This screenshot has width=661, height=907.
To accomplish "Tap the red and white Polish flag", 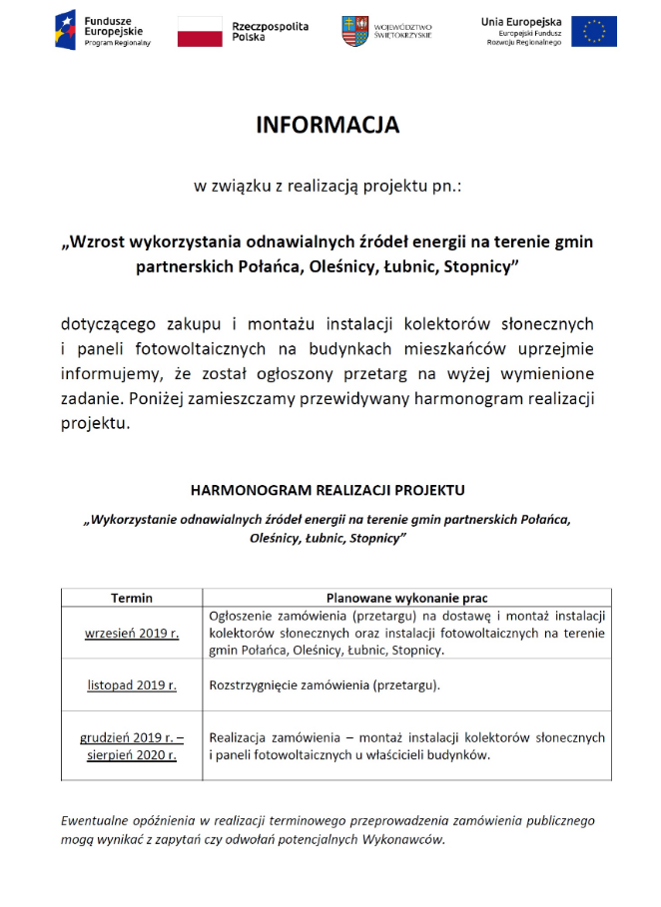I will tap(200, 31).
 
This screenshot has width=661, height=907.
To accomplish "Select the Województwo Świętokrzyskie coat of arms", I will tap(353, 30).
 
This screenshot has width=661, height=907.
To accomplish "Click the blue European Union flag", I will tap(593, 31).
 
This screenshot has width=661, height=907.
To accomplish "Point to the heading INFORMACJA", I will tap(328, 125).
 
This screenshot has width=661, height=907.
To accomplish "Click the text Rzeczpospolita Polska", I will tap(270, 31).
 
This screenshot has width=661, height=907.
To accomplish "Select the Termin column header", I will tap(132, 598).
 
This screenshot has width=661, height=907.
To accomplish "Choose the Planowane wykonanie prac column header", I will tap(407, 598).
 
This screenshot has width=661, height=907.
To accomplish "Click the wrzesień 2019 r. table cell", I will tap(132, 633).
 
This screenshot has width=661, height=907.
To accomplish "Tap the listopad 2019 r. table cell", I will tap(132, 684).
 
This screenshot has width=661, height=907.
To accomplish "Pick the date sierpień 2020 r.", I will tap(132, 755).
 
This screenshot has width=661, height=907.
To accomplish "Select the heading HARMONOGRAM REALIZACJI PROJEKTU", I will tap(328, 491).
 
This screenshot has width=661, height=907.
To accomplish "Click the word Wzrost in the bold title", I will tap(99, 242).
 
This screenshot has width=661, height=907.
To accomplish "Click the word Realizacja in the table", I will tap(241, 737).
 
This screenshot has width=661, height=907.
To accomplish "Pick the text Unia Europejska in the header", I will tap(521, 21).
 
